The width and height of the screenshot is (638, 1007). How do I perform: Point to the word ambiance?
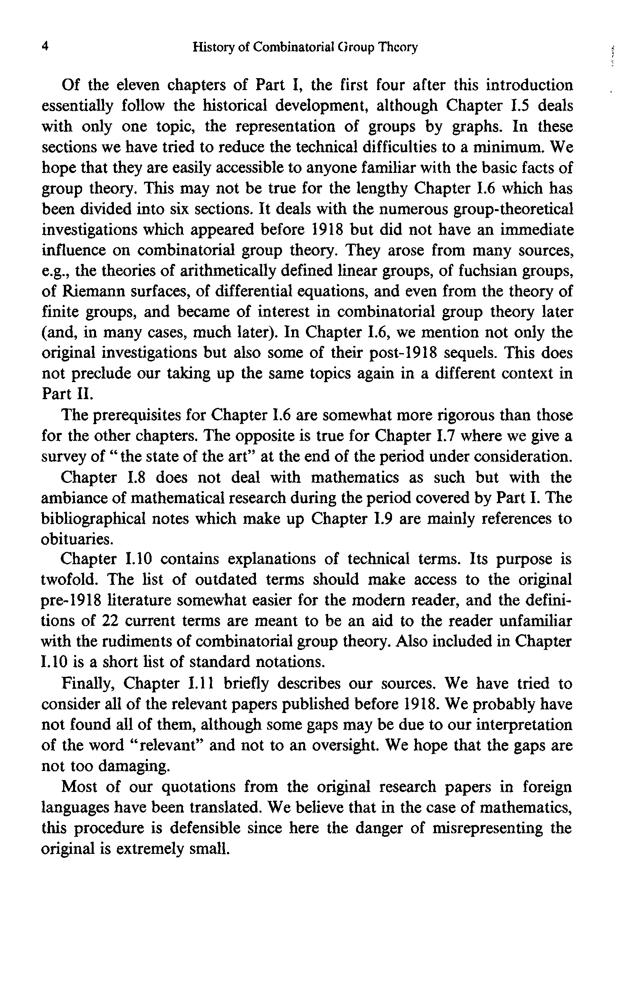[77, 498]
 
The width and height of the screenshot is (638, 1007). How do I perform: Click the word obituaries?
[77, 540]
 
